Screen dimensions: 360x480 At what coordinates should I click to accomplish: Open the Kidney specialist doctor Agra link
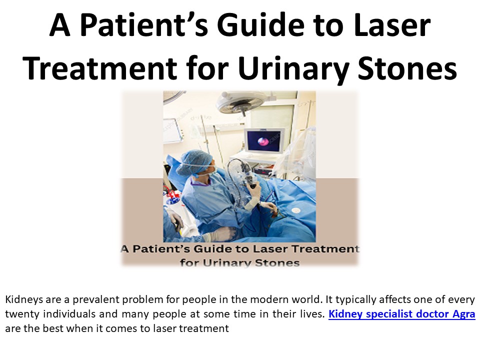(x=401, y=314)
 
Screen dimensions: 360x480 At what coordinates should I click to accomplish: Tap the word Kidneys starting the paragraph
(x=22, y=300)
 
